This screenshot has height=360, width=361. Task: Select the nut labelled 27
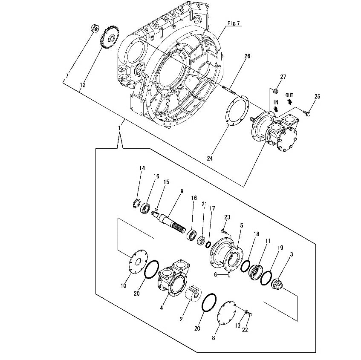pyautogui.click(x=275, y=90)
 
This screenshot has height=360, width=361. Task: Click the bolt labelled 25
pyautogui.click(x=307, y=112)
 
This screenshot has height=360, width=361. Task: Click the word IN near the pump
pyautogui.click(x=275, y=102)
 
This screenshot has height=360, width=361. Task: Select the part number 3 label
pyautogui.click(x=291, y=254)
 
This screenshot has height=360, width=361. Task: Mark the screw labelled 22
pyautogui.click(x=250, y=314)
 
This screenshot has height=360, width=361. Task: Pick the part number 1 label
pyautogui.click(x=120, y=127)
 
